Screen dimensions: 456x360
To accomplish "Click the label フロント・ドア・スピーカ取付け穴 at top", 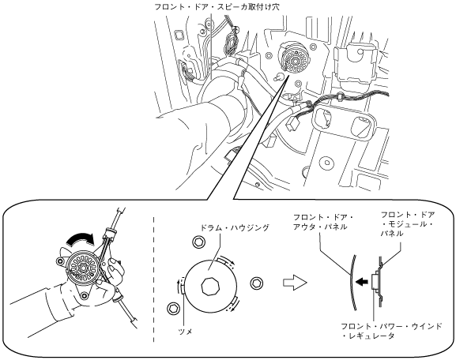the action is pos(217,6).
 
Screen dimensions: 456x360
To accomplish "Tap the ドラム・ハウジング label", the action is pos(235,227).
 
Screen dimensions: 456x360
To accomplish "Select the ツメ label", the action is pos(185,331).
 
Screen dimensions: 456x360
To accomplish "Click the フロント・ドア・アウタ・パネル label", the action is pos(322,222).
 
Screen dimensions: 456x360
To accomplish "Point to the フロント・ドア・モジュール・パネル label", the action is pos(408,223).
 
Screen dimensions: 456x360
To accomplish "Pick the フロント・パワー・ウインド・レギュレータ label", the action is pos(391,331).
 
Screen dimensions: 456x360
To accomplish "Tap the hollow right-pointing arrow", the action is pos(295,283).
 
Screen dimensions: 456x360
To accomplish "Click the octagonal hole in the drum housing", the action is pos(210,287).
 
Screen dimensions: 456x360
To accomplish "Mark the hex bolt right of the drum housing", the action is pos(257,283).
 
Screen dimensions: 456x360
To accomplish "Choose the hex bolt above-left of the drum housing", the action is pos(198,241).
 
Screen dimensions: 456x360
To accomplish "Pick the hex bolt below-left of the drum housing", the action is pos(173,308).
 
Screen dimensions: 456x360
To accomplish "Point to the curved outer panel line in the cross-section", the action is pos(352,282).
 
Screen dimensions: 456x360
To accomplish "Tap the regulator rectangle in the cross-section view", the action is pos(375,282).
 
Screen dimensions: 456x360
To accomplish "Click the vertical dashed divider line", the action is pos(153,279).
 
